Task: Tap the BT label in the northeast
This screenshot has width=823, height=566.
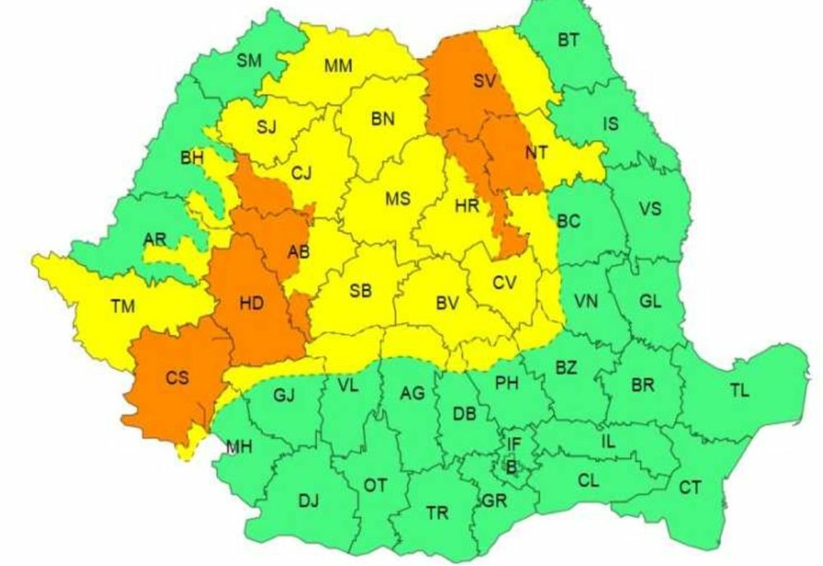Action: (568, 39)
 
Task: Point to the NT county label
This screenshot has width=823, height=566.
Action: (536, 152)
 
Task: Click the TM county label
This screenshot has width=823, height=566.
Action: (123, 307)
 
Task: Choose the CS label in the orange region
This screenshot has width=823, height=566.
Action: (177, 378)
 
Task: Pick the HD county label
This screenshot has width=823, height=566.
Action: (251, 304)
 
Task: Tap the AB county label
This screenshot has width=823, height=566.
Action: (299, 253)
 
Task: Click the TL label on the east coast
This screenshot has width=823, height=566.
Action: (739, 391)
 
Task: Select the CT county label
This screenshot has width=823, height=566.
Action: (690, 488)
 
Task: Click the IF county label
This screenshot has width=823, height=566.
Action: (514, 444)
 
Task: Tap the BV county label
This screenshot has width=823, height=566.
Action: (447, 304)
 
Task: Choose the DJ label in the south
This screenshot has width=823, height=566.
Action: (309, 500)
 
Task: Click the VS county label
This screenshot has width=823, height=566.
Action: (649, 209)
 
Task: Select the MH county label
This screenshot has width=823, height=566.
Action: (239, 448)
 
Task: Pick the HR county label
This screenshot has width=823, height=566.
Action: (467, 207)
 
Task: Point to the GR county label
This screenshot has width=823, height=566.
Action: (494, 500)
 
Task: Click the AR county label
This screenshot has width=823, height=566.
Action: (155, 239)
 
